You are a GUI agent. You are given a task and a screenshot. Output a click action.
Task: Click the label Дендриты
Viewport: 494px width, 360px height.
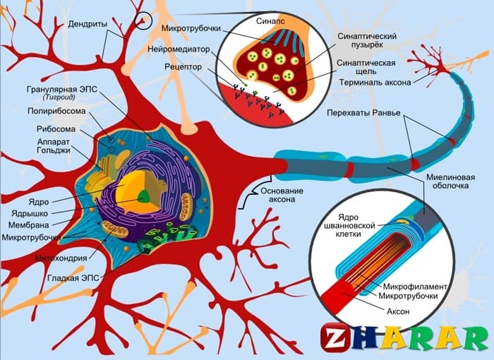point(88,23)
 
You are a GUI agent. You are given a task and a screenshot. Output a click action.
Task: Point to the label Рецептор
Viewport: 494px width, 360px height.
point(185,67)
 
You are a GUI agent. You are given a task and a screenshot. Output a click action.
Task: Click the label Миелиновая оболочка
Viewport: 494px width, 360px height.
point(447,182)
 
